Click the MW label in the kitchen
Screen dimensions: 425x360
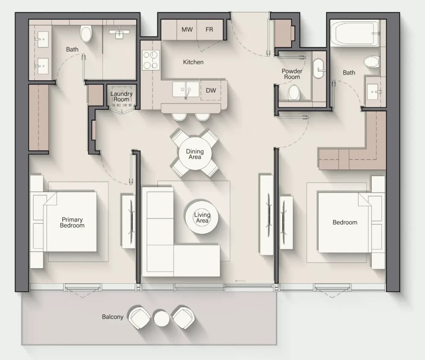click(x=187, y=30)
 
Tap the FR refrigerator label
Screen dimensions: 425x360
click(x=209, y=30)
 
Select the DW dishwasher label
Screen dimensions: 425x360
click(x=211, y=90)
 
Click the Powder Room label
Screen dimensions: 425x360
click(x=292, y=74)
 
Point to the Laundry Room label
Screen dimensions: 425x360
click(x=121, y=96)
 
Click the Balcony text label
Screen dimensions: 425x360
click(x=112, y=317)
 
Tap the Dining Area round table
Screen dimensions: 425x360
click(x=195, y=154)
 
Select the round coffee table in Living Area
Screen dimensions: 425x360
click(x=202, y=217)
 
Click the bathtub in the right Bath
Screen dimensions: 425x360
click(x=354, y=33)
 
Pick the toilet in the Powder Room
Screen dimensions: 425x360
click(x=294, y=93)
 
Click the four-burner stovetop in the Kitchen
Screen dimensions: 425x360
click(x=151, y=60)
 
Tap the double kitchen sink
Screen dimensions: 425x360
click(x=186, y=90)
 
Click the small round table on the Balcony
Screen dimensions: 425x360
click(x=162, y=318)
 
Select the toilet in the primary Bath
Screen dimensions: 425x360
click(x=86, y=34)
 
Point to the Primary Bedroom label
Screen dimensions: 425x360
click(x=72, y=222)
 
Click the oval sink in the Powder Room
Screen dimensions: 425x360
click(x=319, y=68)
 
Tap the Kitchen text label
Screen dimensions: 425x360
click(x=193, y=62)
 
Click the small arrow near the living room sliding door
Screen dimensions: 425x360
click(x=240, y=281)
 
